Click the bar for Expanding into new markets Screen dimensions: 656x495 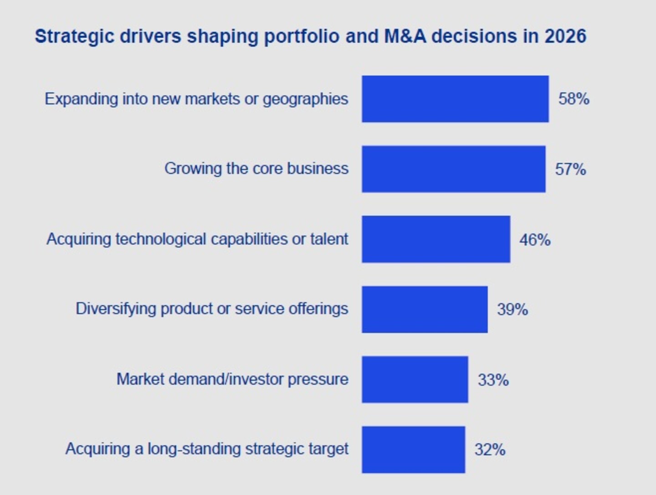pyautogui.click(x=455, y=99)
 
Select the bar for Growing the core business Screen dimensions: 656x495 pyautogui.click(x=454, y=169)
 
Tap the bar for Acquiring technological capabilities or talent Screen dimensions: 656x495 pyautogui.click(x=436, y=239)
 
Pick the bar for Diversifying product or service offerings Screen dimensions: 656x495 pyautogui.click(x=425, y=309)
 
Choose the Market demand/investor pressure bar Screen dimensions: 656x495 pyautogui.click(x=415, y=379)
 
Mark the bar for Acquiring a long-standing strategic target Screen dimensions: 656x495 pyautogui.click(x=413, y=450)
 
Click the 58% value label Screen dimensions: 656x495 pyautogui.click(x=574, y=99)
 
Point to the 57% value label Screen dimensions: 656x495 pyautogui.click(x=570, y=169)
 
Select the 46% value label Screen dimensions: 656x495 pyautogui.click(x=535, y=240)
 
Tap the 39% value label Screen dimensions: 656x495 pyautogui.click(x=512, y=309)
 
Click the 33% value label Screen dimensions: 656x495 pyautogui.click(x=493, y=380)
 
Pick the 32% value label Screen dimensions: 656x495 pyautogui.click(x=490, y=450)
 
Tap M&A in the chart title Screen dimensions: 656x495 pyautogui.click(x=405, y=36)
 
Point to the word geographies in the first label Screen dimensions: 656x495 pyautogui.click(x=305, y=99)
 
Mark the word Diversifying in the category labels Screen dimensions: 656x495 pyautogui.click(x=116, y=309)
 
